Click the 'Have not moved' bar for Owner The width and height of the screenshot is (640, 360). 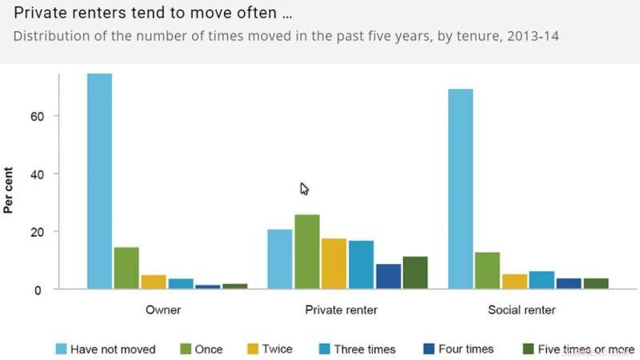click(99, 181)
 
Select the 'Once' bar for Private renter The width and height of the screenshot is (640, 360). click(307, 251)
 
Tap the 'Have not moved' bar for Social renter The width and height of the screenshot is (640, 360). click(460, 189)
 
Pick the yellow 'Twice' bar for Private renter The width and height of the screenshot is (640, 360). click(334, 263)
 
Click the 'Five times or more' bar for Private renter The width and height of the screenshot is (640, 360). click(414, 272)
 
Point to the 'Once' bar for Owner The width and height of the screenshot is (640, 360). click(126, 268)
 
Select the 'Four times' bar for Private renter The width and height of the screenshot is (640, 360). click(388, 276)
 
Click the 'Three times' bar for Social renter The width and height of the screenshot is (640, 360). click(542, 280)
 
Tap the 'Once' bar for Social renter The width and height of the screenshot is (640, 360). click(487, 270)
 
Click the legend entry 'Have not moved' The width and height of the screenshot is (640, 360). click(105, 349)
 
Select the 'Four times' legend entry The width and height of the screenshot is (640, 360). click(458, 349)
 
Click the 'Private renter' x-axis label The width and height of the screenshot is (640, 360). click(347, 310)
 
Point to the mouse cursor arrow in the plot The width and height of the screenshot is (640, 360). click(304, 189)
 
